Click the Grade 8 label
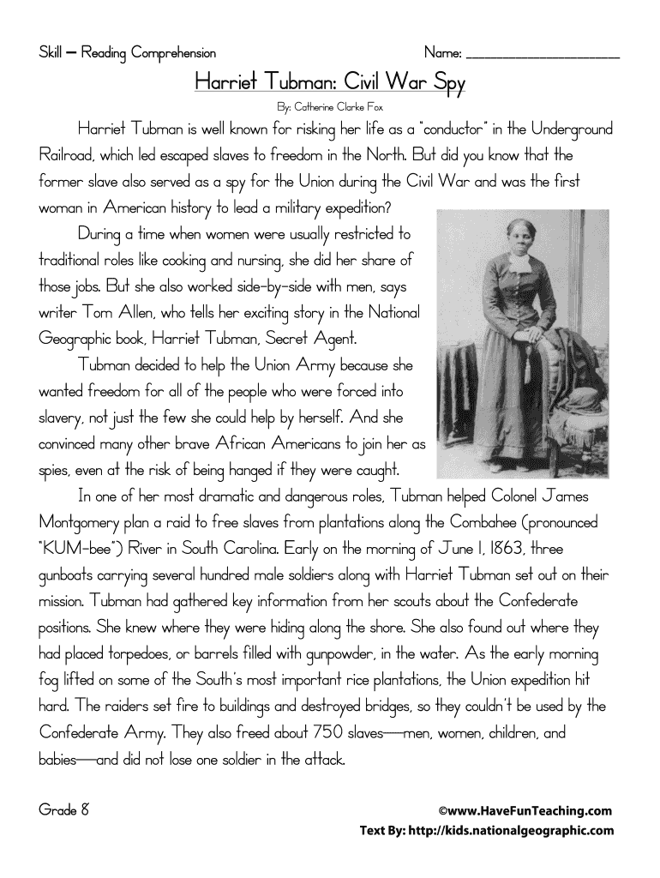65,809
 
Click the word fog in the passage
52,681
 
